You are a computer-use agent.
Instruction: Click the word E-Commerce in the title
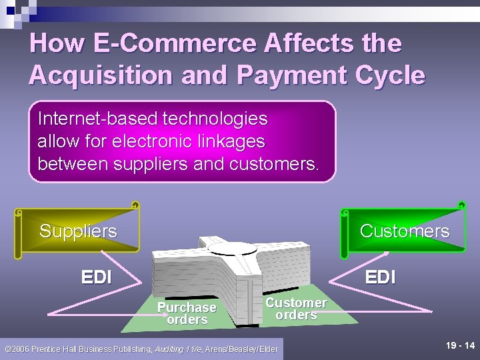click(x=174, y=43)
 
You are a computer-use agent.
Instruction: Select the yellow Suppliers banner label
click(x=78, y=231)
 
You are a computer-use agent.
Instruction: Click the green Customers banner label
click(x=404, y=231)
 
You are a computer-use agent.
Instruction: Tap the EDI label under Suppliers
click(x=96, y=277)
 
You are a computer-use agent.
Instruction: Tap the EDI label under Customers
click(x=380, y=277)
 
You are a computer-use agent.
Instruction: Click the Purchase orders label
click(x=187, y=313)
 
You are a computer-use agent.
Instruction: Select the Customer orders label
click(x=296, y=309)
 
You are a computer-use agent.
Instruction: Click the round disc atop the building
click(x=233, y=247)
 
